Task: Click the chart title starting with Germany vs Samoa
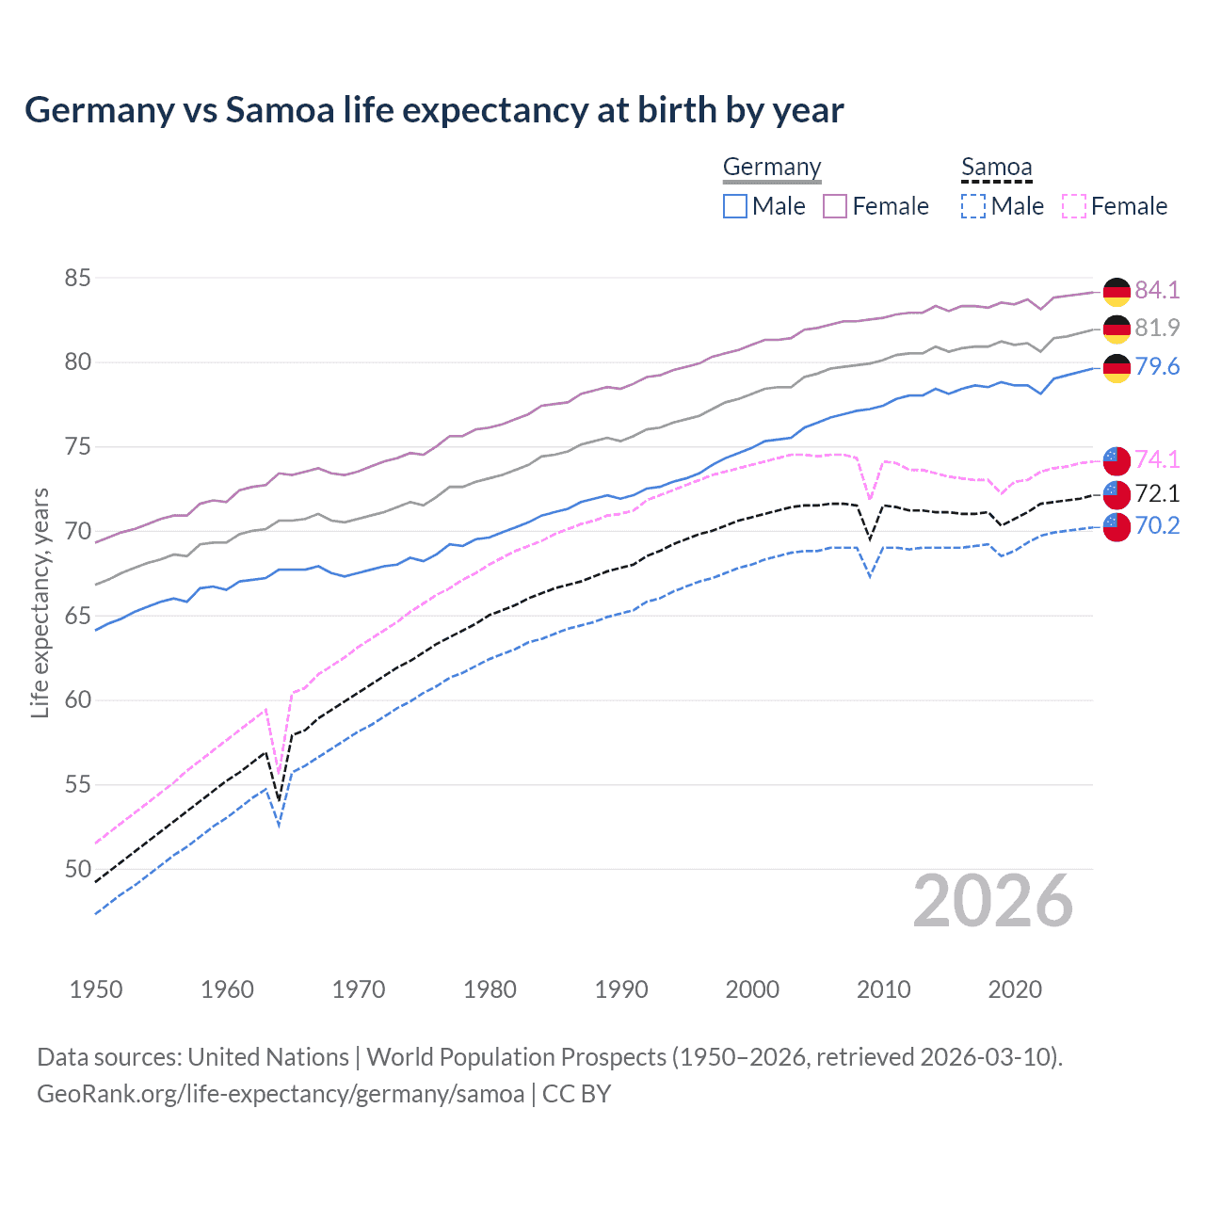pyautogui.click(x=434, y=110)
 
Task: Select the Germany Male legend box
pyautogui.click(x=735, y=206)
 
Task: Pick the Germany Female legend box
pyautogui.click(x=835, y=206)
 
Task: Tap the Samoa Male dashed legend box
pyautogui.click(x=973, y=206)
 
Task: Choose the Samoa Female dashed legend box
pyautogui.click(x=1073, y=206)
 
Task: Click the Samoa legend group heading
pyautogui.click(x=997, y=168)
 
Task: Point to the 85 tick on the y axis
pyautogui.click(x=77, y=278)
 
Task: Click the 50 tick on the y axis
pyautogui.click(x=77, y=869)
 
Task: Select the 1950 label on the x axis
pyautogui.click(x=96, y=989)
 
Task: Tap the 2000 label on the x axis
pyautogui.click(x=752, y=989)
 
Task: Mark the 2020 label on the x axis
pyautogui.click(x=1015, y=989)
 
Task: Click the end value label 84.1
pyautogui.click(x=1157, y=290)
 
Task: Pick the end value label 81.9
pyautogui.click(x=1157, y=328)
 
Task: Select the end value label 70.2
pyautogui.click(x=1157, y=525)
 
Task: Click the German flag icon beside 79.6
pyautogui.click(x=1117, y=368)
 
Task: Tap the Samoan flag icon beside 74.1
pyautogui.click(x=1117, y=460)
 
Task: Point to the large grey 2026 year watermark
pyautogui.click(x=993, y=901)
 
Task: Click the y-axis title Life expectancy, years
pyautogui.click(x=40, y=602)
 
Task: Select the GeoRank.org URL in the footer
pyautogui.click(x=281, y=1094)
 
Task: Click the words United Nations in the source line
pyautogui.click(x=268, y=1057)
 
